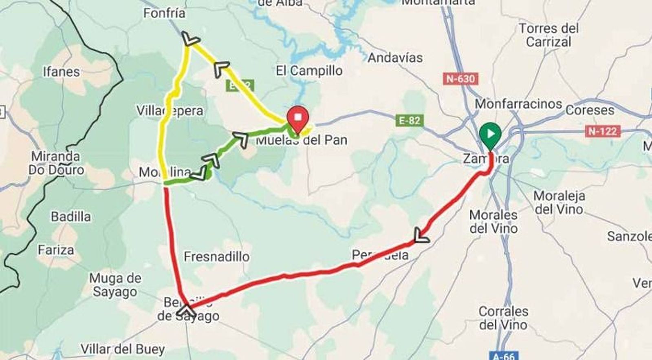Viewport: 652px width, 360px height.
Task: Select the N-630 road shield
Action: pos(460,78)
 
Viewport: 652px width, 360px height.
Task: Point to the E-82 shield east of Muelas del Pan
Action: pos(410,120)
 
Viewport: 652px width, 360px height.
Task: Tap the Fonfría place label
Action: pos(164,13)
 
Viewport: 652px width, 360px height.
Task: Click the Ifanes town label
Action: pos(61,72)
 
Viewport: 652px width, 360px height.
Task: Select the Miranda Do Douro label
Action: pos(56,163)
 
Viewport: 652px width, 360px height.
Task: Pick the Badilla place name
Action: pos(70,216)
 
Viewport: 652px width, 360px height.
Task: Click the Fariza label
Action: pos(56,250)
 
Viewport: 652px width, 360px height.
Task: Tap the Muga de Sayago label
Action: pos(115,285)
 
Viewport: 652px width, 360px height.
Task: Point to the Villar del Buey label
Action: pos(122,349)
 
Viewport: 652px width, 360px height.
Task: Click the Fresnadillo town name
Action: pos(216,256)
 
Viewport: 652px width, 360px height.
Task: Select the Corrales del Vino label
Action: pos(503,318)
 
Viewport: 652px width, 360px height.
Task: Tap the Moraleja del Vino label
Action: pos(559,203)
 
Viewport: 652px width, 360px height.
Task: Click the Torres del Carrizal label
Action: pos(548,35)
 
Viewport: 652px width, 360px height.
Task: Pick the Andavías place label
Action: pos(395,58)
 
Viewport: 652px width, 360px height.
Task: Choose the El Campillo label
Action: pos(309,71)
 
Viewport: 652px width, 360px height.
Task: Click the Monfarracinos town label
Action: pos(518,104)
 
